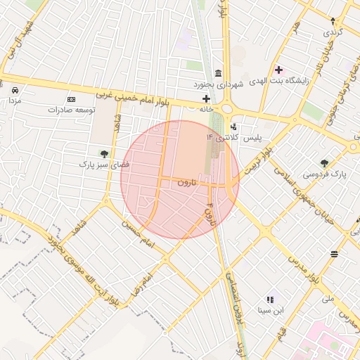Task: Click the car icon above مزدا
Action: (x=15, y=90)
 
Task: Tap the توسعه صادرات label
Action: (x=71, y=110)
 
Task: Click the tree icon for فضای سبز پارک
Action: (x=104, y=153)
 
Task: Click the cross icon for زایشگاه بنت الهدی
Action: (x=278, y=70)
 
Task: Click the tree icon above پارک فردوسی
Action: (x=324, y=163)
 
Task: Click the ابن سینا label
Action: (x=271, y=309)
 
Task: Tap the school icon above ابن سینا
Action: (x=271, y=300)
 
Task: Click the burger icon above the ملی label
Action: (x=333, y=254)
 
